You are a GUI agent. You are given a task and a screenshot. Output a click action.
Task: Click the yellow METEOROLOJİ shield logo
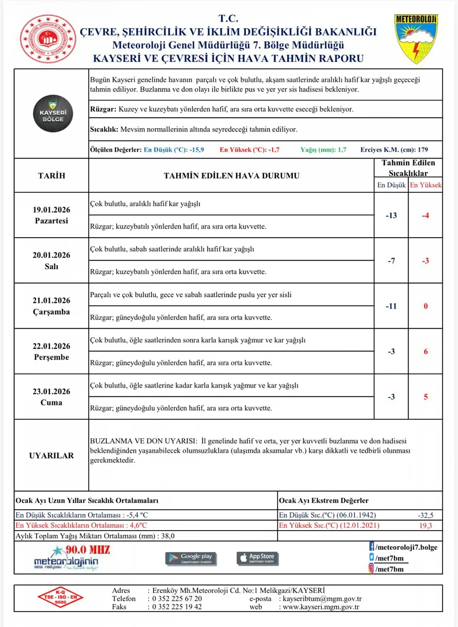coord(416,39)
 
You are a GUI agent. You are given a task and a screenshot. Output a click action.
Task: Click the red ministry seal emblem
coord(48,39)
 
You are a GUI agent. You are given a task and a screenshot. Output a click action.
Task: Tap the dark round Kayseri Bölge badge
coord(53,114)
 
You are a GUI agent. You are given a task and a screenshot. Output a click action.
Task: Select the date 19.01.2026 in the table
coord(52,210)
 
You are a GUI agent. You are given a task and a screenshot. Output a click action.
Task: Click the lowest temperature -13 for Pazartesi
coord(391,215)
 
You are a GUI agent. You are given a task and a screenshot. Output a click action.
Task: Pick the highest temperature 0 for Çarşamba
coord(425,306)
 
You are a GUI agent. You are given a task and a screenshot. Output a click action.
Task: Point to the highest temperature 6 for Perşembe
coord(425,352)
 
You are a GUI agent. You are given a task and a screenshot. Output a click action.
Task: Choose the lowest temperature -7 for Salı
coord(391,261)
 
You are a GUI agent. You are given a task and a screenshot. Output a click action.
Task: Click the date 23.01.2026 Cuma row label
coord(52,397)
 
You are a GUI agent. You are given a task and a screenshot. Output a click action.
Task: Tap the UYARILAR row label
coord(52,456)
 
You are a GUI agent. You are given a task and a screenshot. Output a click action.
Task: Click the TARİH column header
coord(52,175)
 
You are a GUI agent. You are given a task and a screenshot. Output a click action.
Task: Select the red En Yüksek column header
coord(425,185)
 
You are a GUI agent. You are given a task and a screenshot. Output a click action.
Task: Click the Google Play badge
coord(191,558)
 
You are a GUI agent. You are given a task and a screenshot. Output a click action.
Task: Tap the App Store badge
coord(257,558)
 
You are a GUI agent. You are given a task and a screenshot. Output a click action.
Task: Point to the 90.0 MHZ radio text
coord(88,550)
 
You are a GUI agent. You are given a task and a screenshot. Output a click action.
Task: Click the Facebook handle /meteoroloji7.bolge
coord(406,547)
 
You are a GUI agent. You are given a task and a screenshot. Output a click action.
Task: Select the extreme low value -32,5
coord(425,515)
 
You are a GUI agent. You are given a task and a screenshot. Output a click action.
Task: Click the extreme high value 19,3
coord(425,526)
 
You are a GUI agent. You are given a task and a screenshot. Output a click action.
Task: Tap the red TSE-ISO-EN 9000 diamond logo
coord(60,597)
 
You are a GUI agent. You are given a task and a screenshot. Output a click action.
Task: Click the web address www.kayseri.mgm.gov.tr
coord(321,607)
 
